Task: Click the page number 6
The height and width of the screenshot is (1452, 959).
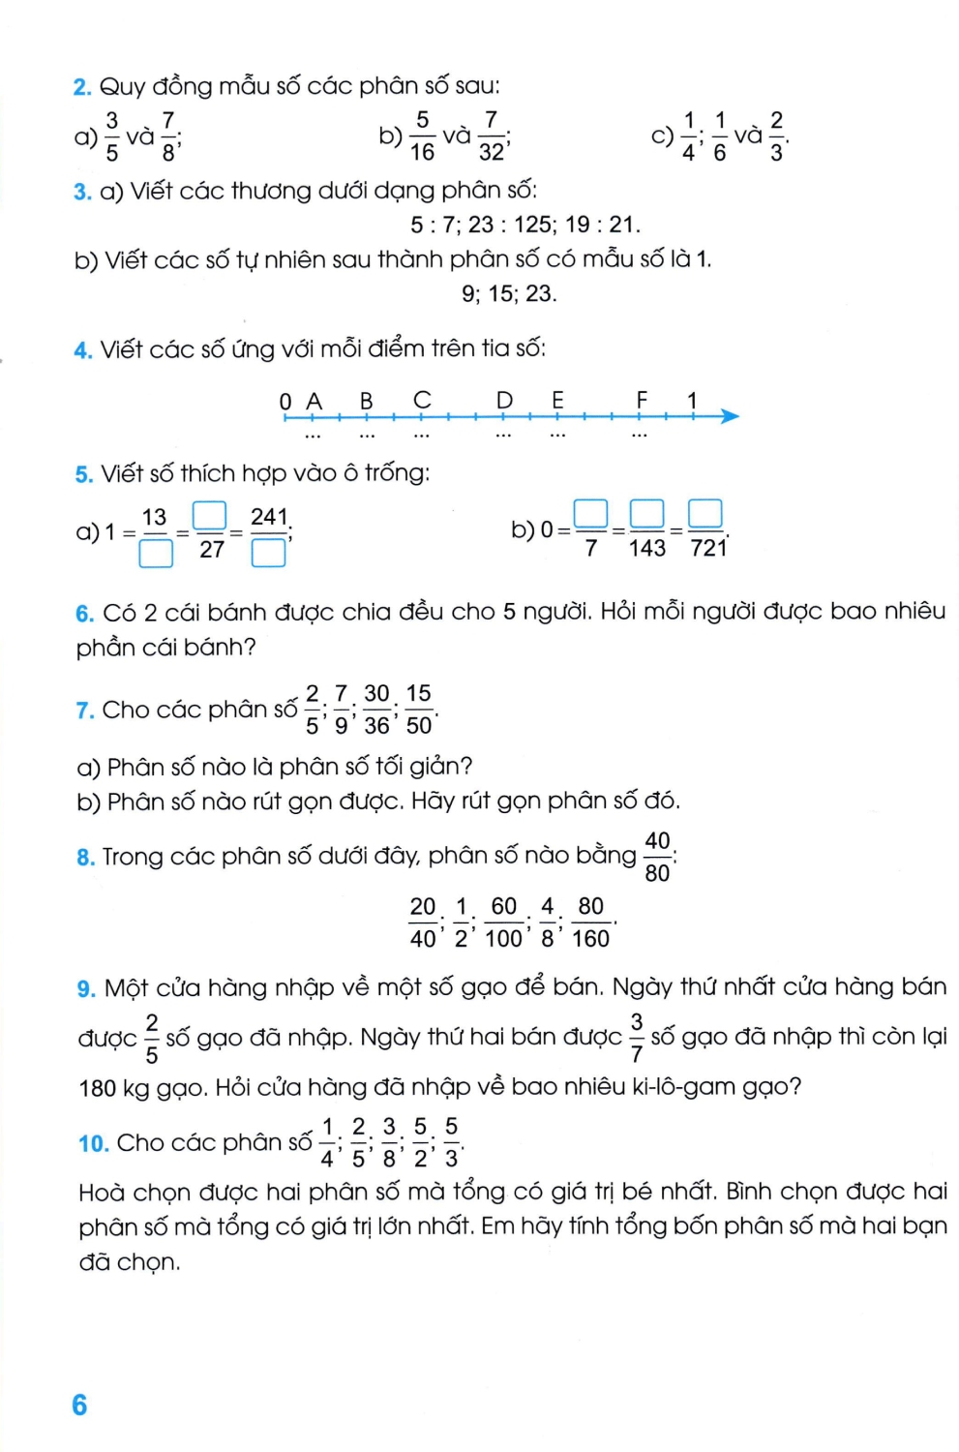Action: pyautogui.click(x=79, y=1405)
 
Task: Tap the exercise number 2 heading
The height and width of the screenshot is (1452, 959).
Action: pyautogui.click(x=82, y=87)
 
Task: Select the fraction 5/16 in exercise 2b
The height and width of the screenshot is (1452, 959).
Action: pyautogui.click(x=422, y=136)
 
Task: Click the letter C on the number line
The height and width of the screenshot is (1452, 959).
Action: pyautogui.click(x=422, y=400)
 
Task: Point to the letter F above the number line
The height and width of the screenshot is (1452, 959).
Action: pyautogui.click(x=642, y=400)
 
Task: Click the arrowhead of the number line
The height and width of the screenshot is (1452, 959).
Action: pyautogui.click(x=730, y=416)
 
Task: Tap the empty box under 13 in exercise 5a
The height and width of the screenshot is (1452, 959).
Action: pyautogui.click(x=156, y=553)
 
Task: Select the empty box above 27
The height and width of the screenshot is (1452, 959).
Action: pyautogui.click(x=210, y=515)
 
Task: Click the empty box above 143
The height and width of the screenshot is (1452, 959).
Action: pyautogui.click(x=647, y=512)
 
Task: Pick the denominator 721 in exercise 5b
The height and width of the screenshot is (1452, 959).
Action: pyautogui.click(x=707, y=549)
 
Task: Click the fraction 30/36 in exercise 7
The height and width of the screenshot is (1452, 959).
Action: pyautogui.click(x=376, y=710)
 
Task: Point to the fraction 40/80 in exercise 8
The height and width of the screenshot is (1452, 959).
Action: pyautogui.click(x=657, y=857)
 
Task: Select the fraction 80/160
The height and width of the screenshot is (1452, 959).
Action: pyautogui.click(x=590, y=923)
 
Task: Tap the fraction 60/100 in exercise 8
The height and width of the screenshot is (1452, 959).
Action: pyautogui.click(x=503, y=923)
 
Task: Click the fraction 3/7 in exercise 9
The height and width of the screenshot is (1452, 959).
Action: pyautogui.click(x=636, y=1038)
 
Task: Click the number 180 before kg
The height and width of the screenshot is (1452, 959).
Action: pyautogui.click(x=98, y=1088)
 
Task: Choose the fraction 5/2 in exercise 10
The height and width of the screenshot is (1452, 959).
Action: pyautogui.click(x=420, y=1142)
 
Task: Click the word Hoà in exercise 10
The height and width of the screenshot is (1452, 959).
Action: pyautogui.click(x=99, y=1192)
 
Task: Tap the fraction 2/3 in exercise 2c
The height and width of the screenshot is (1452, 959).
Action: pyautogui.click(x=776, y=136)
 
